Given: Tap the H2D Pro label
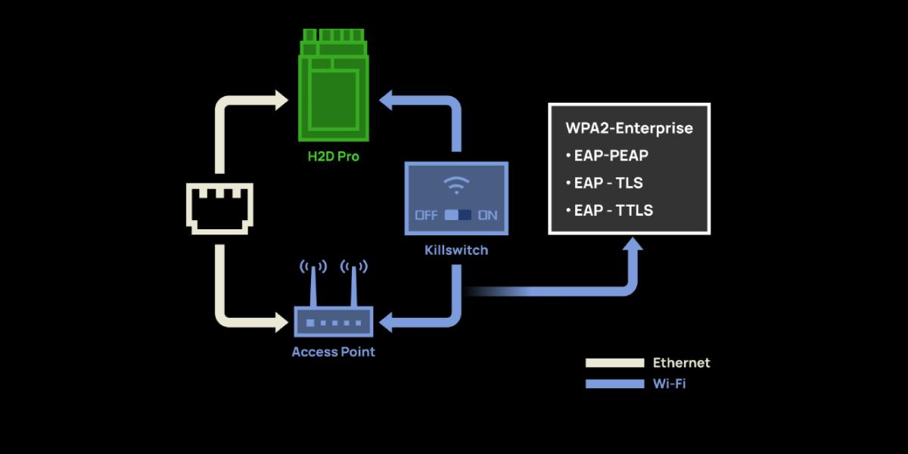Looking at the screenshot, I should click(334, 157).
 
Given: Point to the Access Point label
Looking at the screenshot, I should click(333, 352).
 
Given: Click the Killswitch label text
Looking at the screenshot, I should click(456, 250).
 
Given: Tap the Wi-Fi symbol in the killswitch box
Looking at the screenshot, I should click(456, 185).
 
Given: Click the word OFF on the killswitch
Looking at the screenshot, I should click(427, 215).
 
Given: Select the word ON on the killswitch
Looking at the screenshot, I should click(488, 215).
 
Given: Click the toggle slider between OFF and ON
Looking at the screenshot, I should click(458, 215).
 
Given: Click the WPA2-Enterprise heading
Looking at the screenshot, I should click(629, 128).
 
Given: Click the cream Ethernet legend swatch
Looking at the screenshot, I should click(614, 363).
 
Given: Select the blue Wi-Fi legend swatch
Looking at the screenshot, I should click(614, 384).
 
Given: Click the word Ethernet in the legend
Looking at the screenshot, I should click(681, 363).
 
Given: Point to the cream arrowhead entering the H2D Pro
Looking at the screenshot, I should click(280, 99).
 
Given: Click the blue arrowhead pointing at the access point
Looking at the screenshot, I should click(386, 323).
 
